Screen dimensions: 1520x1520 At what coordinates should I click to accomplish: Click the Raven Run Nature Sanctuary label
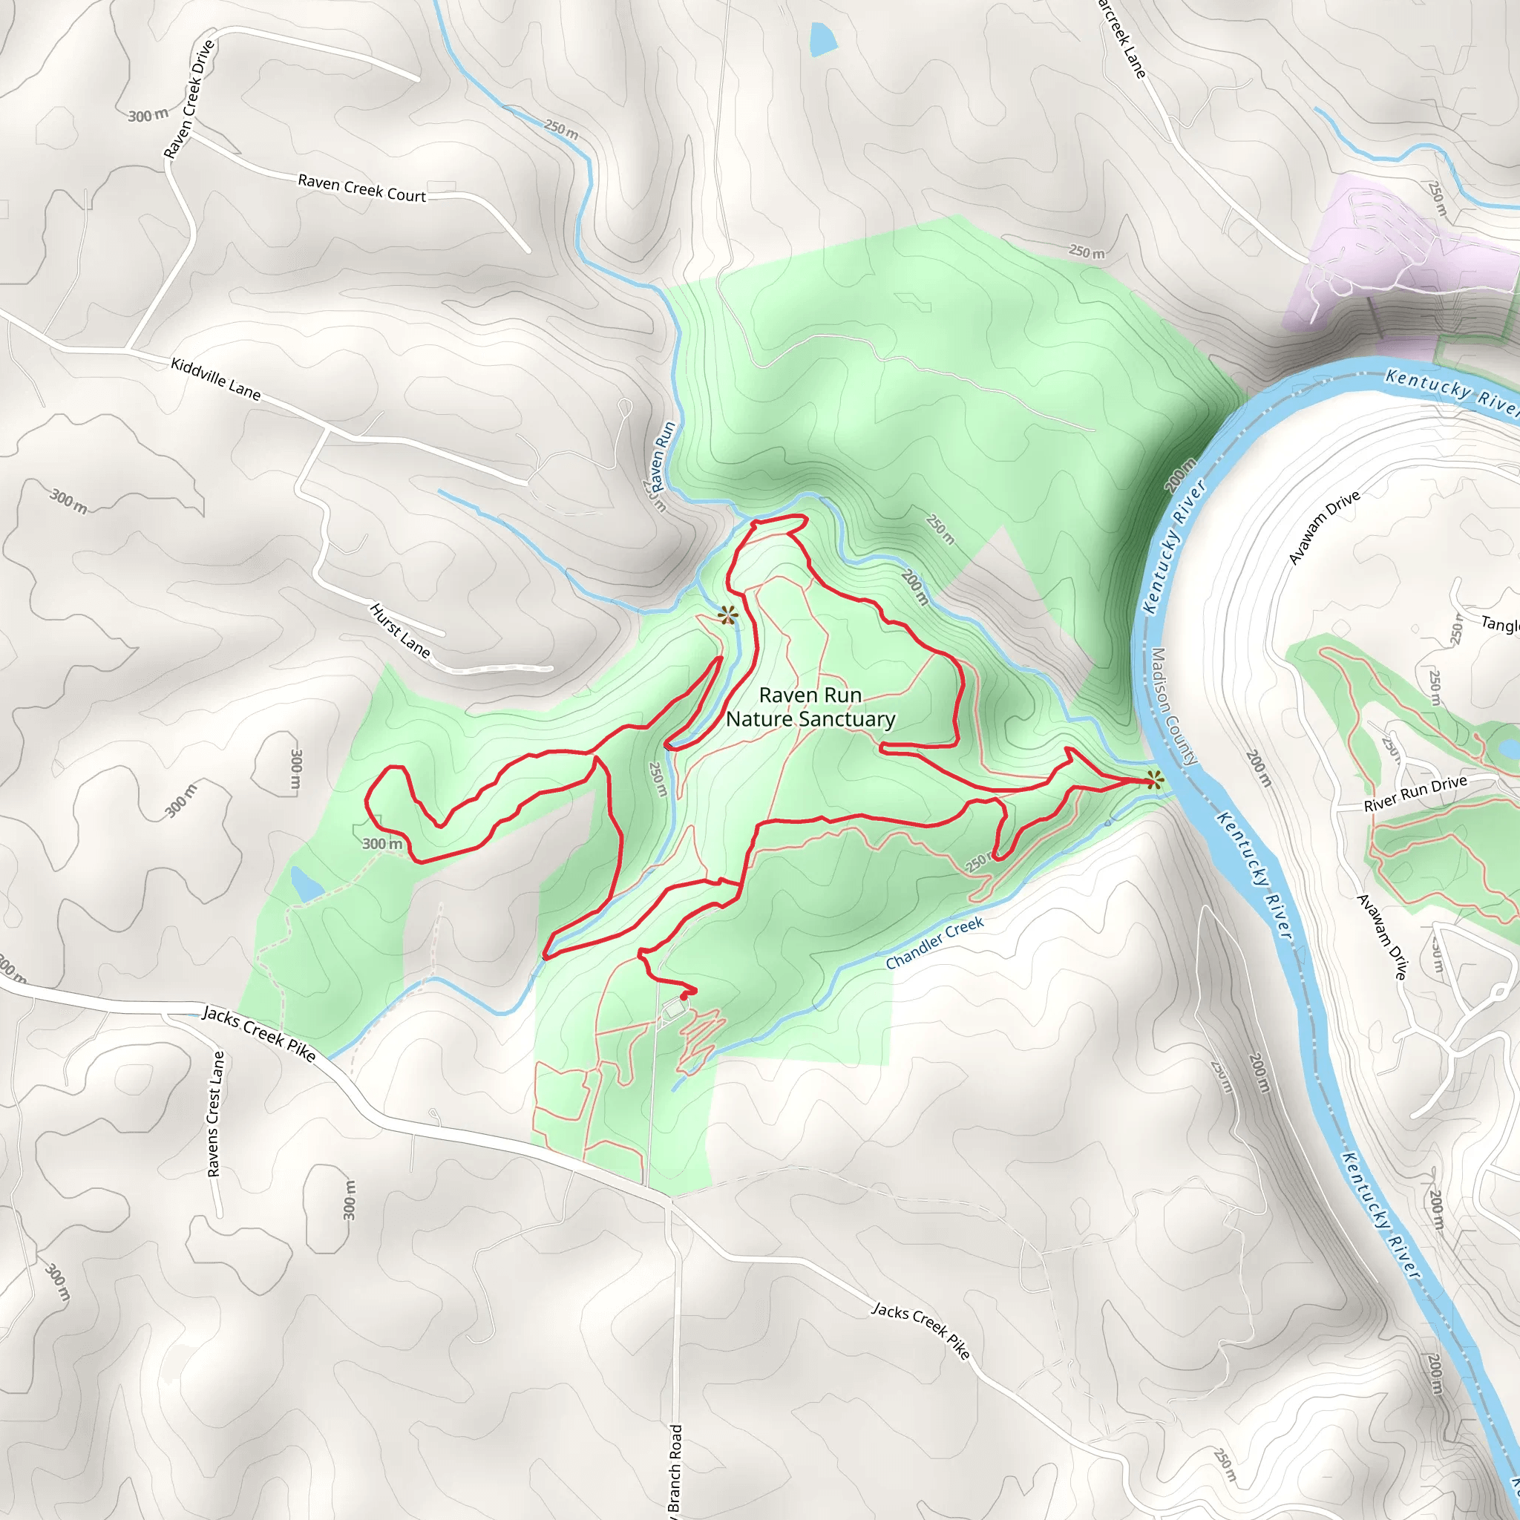(x=810, y=707)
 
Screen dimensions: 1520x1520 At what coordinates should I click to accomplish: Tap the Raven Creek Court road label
(x=361, y=189)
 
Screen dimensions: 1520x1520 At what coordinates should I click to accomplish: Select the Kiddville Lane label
(x=215, y=379)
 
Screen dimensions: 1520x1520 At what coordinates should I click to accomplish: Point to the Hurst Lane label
(x=401, y=631)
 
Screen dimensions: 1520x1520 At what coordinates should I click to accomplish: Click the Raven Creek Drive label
(x=189, y=99)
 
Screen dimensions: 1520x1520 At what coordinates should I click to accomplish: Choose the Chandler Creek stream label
(x=934, y=943)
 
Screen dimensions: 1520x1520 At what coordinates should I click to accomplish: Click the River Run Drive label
(x=1415, y=793)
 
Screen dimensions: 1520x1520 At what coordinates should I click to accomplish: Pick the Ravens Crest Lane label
(x=214, y=1114)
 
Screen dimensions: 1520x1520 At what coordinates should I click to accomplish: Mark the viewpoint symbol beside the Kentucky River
(x=1154, y=780)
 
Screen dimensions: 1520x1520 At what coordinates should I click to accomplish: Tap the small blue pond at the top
(x=821, y=39)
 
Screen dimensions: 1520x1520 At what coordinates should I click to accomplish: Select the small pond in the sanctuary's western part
(x=306, y=885)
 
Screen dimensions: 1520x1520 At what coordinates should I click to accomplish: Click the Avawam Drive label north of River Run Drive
(x=1324, y=527)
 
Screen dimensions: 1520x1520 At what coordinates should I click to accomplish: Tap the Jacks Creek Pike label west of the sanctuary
(x=259, y=1034)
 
